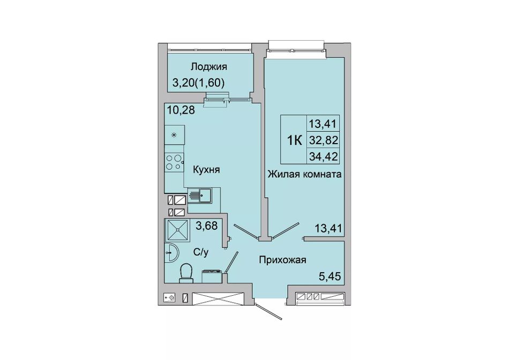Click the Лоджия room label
coord(209,67)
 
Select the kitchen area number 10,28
coord(181,110)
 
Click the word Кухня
coord(206,169)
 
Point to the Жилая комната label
coord(304,174)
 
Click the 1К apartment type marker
coord(295,140)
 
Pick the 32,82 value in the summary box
coord(324,140)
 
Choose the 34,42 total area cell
coord(324,157)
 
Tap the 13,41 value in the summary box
coord(324,124)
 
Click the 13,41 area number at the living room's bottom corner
coord(328,229)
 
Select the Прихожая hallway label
coord(282,260)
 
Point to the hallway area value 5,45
coord(330,276)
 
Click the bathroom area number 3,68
coord(206,226)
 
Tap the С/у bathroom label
coord(200,252)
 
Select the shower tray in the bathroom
coord(177,230)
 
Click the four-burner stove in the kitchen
coord(174,162)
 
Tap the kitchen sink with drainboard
coord(200,195)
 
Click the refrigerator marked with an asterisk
coord(175,134)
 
